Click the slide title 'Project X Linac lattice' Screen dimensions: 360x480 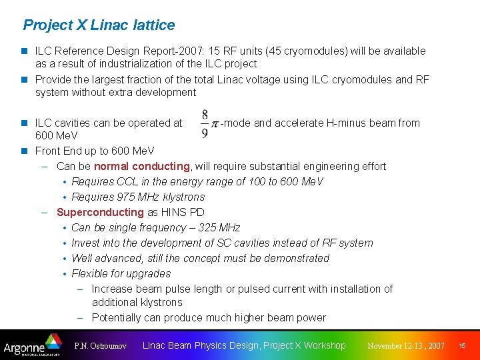[x=99, y=25]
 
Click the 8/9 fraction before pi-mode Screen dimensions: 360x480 [x=205, y=124]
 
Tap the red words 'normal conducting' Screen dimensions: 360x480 [x=142, y=166]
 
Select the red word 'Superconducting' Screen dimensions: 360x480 [x=100, y=212]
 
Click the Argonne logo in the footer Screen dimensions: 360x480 [x=31, y=345]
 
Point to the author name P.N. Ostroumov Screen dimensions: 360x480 [x=100, y=346]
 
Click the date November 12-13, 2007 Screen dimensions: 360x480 [x=406, y=346]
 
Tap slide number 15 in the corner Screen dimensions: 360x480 [x=462, y=345]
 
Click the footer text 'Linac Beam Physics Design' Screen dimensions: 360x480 [x=200, y=345]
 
